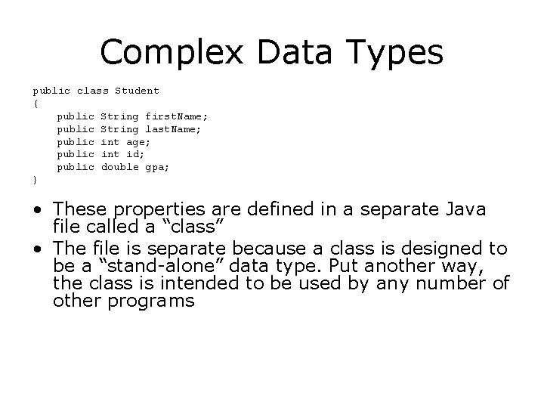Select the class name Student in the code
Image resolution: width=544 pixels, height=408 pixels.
(137, 91)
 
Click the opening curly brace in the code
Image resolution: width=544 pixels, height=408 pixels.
(35, 104)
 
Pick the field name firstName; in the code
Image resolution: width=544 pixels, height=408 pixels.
(176, 116)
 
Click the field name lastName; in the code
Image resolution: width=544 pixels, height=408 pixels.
(173, 129)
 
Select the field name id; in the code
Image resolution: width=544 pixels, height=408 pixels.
(131, 155)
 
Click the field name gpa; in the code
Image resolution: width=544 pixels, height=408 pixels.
(157, 168)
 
